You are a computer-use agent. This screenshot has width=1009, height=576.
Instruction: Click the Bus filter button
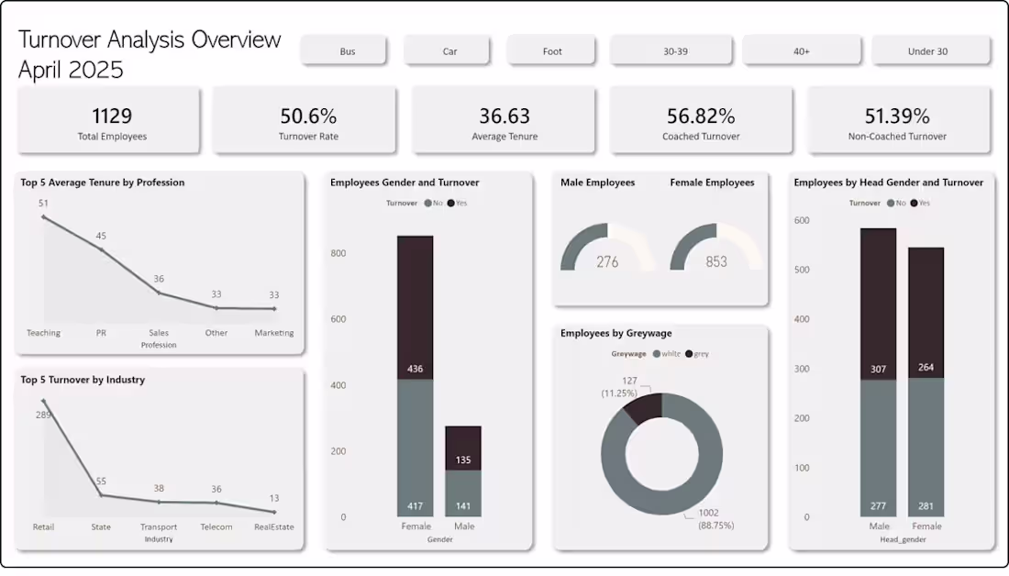(x=348, y=51)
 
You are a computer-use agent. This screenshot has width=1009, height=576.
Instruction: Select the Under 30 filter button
(x=927, y=51)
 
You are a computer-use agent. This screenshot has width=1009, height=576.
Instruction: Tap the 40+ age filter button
(x=801, y=51)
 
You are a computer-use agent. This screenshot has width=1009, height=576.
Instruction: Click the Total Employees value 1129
(x=112, y=116)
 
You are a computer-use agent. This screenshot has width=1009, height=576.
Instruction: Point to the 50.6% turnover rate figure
(x=308, y=116)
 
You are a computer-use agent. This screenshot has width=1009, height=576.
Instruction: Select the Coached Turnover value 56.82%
(x=701, y=116)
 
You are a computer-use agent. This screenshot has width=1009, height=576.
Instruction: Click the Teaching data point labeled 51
(x=43, y=216)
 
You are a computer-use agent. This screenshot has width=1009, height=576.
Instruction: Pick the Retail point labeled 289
(x=43, y=401)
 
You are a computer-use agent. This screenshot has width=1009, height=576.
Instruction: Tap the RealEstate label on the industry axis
(x=274, y=527)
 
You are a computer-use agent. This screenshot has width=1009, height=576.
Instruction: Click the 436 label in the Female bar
(x=415, y=369)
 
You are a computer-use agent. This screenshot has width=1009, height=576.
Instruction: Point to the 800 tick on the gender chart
(x=338, y=253)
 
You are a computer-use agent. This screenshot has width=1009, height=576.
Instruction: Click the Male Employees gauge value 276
(x=607, y=261)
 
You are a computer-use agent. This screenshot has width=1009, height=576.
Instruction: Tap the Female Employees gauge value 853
(x=716, y=261)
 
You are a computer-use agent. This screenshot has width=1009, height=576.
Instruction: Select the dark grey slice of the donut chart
(x=643, y=407)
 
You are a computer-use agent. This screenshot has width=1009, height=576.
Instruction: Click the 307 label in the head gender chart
(x=879, y=369)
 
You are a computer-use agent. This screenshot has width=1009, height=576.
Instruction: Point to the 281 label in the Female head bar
(x=926, y=505)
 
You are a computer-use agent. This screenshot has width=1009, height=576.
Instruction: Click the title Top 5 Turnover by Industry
(x=83, y=380)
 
